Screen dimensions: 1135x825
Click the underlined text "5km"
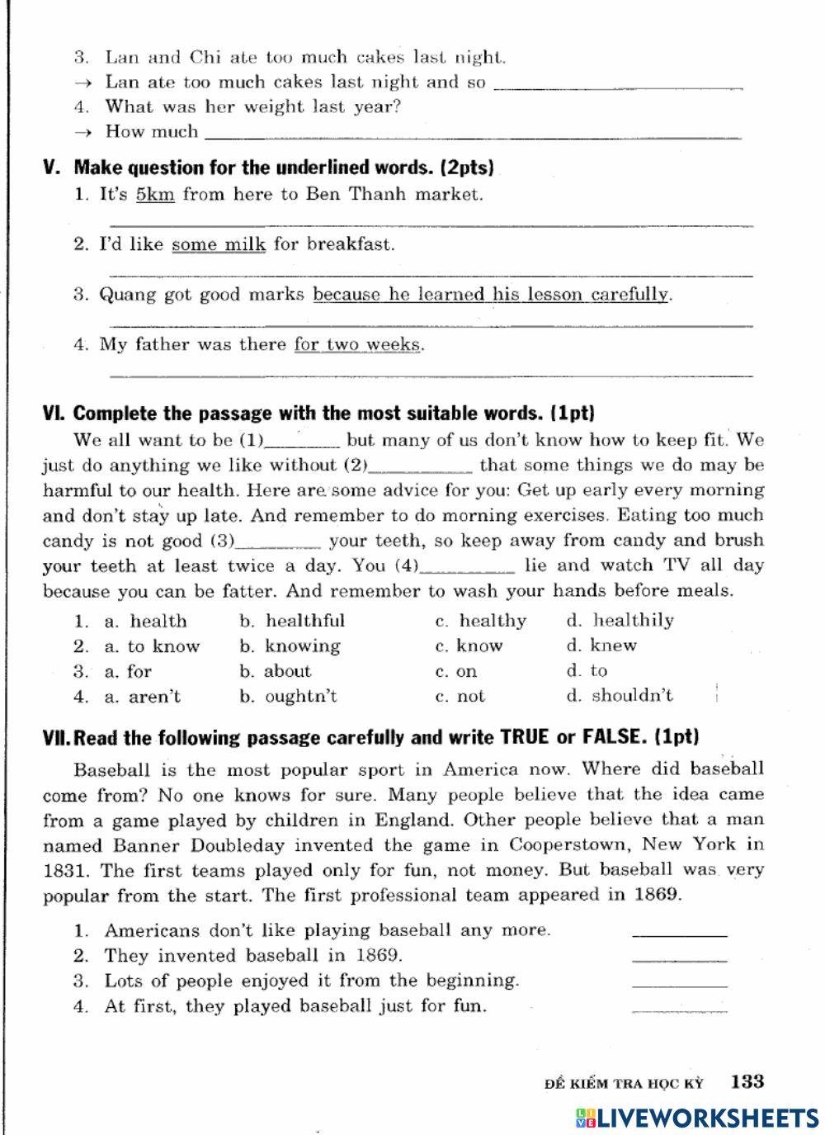tap(155, 195)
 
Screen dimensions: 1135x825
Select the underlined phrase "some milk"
tap(219, 244)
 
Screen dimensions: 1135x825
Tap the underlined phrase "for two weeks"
tap(358, 344)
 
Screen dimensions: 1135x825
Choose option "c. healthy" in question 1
tap(481, 621)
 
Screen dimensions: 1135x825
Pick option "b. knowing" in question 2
tap(290, 646)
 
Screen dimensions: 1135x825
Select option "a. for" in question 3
tap(128, 671)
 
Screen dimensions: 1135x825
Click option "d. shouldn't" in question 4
tap(620, 696)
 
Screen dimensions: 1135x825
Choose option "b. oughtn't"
tap(289, 697)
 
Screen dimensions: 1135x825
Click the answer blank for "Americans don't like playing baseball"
tap(679, 931)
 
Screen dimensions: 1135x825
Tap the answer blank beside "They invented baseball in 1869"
tap(679, 957)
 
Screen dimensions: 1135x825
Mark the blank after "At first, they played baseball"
tap(679, 1007)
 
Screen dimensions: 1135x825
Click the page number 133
tap(747, 1081)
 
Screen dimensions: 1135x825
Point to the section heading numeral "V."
tap(52, 168)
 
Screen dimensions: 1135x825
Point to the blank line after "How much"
tap(472, 134)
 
